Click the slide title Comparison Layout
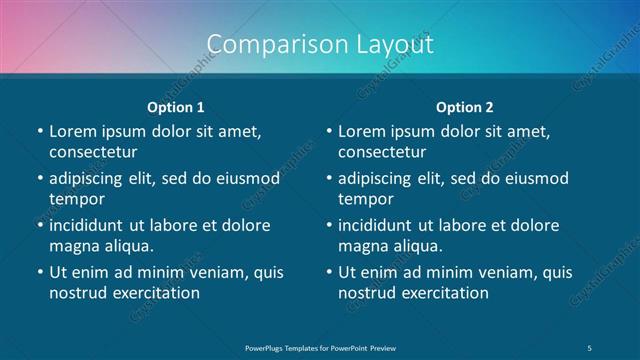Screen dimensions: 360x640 320,44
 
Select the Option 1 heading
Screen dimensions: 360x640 176,107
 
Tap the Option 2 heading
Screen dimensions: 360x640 464,107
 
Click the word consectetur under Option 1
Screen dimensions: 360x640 93,153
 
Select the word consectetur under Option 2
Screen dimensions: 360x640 382,153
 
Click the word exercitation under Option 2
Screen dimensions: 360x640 442,293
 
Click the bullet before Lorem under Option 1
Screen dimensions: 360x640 39,132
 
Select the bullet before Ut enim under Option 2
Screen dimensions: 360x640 328,272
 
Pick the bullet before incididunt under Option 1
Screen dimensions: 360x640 39,225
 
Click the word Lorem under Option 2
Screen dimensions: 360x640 360,131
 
